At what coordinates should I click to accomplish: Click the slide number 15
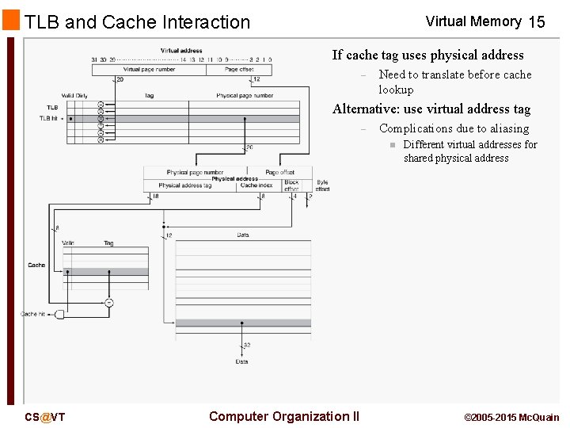[536, 22]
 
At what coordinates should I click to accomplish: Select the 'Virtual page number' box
[149, 70]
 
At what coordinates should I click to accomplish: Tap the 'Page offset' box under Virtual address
[239, 70]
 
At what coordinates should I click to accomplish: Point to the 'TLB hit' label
[49, 118]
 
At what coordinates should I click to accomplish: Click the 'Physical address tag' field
[185, 185]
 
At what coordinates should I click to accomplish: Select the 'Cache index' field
[256, 185]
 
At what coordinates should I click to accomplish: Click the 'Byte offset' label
[322, 186]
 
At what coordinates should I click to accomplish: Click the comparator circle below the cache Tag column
[108, 303]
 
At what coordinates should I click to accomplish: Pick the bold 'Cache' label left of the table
[36, 266]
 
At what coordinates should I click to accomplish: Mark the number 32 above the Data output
[247, 346]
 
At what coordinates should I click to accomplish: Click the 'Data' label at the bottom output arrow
[241, 361]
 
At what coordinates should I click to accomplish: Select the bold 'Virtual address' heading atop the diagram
[181, 51]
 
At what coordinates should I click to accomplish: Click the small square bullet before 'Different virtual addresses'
[391, 145]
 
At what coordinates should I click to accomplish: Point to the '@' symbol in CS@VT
[45, 418]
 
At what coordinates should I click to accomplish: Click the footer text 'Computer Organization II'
[283, 416]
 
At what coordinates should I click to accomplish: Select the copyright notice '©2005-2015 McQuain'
[511, 418]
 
